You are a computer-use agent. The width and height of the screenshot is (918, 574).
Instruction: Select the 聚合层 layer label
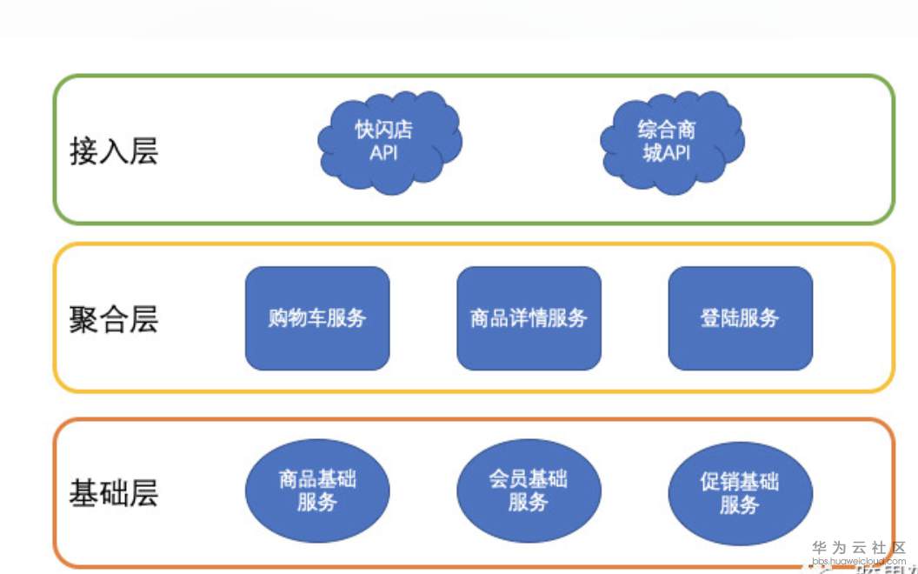point(114,319)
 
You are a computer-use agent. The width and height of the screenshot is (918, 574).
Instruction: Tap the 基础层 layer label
point(114,493)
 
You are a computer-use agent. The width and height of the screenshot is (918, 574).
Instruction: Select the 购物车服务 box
point(317,318)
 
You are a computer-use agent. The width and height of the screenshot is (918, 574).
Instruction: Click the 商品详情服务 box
point(529,318)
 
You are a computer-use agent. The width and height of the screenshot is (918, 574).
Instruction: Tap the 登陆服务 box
point(740,318)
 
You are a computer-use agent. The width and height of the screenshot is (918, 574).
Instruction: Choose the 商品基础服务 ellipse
point(317,491)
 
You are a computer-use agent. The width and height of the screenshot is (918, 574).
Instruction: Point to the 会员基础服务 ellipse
point(529,491)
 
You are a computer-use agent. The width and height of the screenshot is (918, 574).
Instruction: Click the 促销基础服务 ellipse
point(740,492)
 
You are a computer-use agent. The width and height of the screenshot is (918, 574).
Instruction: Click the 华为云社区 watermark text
point(859,548)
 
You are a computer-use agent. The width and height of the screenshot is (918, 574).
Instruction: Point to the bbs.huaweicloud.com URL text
point(859,562)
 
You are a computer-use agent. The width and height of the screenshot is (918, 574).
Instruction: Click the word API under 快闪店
point(383,154)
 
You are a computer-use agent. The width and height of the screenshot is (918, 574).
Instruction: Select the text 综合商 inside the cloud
point(667,130)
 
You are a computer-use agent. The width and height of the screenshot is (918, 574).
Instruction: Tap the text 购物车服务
point(317,318)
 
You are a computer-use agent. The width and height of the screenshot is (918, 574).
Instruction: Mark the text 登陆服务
point(740,318)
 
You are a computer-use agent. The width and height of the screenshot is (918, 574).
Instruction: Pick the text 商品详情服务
point(529,318)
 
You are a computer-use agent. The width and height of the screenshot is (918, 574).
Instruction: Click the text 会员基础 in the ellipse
point(529,479)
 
